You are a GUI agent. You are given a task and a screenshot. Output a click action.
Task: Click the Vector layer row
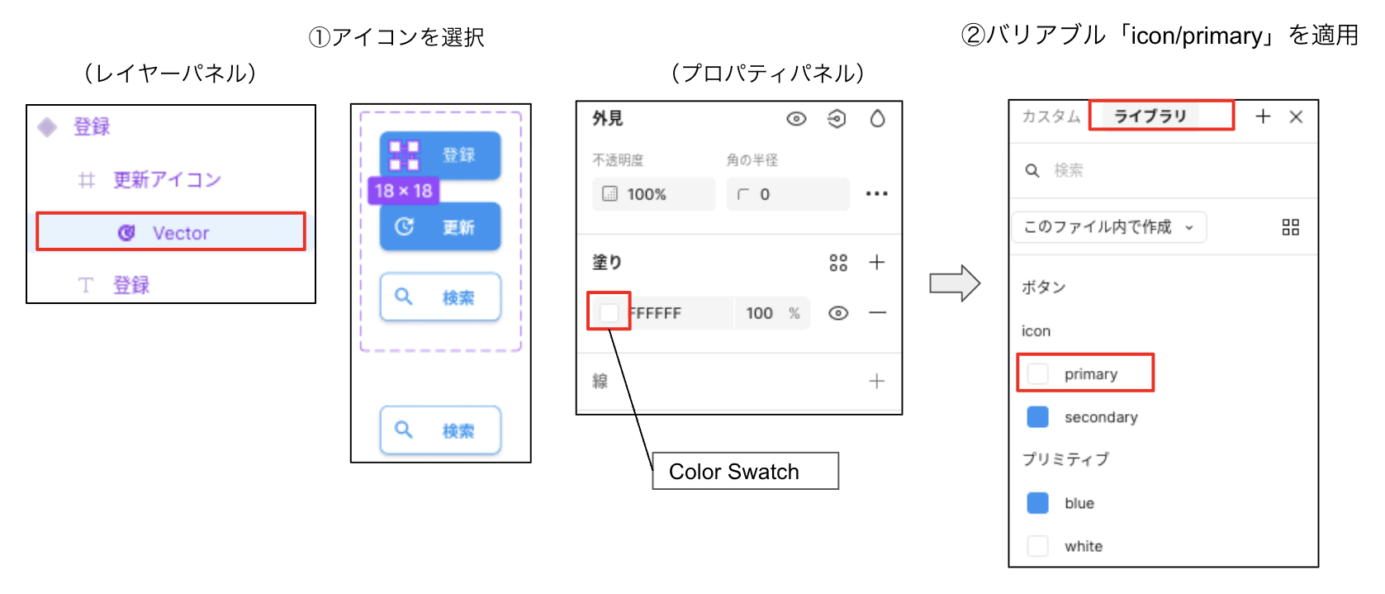click(171, 232)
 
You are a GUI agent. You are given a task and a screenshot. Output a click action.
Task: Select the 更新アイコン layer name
click(167, 180)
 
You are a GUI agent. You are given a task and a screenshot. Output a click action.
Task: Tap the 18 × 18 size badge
click(403, 191)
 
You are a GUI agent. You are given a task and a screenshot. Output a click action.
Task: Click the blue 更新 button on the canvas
click(440, 226)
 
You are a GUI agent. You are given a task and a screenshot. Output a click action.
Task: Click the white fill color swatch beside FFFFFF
click(609, 312)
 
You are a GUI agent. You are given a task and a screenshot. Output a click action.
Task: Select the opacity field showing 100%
click(652, 194)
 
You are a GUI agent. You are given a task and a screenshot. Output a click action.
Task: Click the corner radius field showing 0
click(786, 194)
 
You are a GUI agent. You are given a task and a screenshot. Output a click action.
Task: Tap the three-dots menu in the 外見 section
click(876, 194)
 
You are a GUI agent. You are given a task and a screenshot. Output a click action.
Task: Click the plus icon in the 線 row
click(876, 381)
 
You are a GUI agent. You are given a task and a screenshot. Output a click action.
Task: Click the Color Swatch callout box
click(745, 471)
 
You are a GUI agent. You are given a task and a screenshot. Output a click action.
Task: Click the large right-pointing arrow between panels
click(954, 283)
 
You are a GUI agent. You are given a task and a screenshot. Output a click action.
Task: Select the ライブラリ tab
click(1150, 116)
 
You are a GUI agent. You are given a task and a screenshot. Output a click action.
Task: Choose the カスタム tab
click(1051, 116)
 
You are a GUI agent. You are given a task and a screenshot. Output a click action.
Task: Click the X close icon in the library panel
click(1296, 117)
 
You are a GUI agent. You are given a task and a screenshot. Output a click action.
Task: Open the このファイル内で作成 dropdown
click(1108, 227)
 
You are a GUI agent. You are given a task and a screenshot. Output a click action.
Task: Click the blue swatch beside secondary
click(1037, 417)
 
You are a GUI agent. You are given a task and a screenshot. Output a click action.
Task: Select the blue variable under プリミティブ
click(1079, 503)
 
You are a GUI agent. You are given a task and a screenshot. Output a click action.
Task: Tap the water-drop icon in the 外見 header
click(877, 119)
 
